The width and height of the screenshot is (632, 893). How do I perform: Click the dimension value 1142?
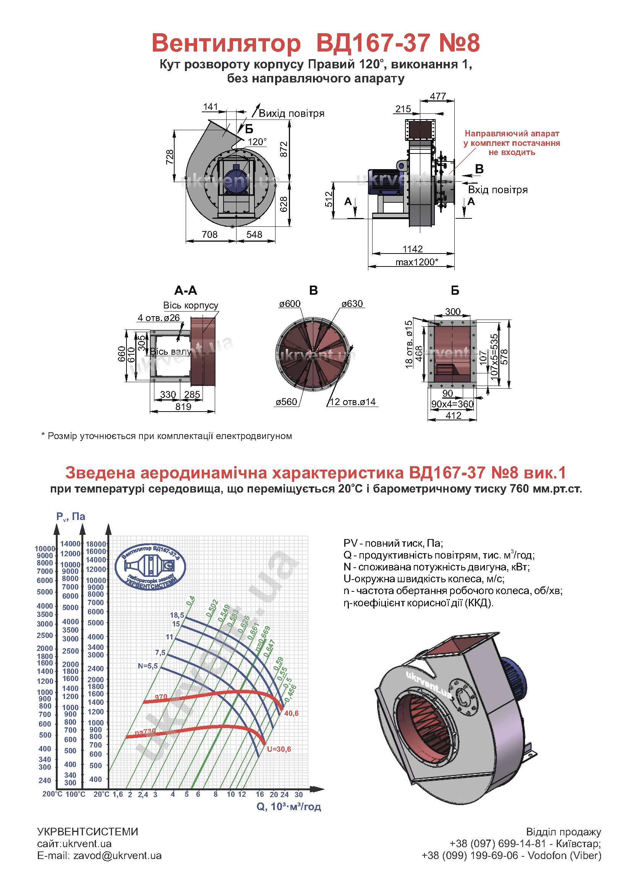tap(413, 249)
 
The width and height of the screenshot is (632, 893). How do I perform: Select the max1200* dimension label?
tap(417, 262)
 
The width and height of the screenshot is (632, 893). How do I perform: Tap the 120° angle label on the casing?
tap(257, 142)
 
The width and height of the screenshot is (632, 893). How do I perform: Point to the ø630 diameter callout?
tap(352, 304)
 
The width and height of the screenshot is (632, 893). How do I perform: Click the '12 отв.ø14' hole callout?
tap(353, 402)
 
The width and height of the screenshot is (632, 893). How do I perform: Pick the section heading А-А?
tap(186, 290)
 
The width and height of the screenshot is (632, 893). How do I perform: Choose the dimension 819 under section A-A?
tap(183, 407)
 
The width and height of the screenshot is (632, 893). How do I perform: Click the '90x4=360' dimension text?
tap(452, 404)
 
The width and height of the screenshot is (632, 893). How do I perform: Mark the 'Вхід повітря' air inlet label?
tap(498, 190)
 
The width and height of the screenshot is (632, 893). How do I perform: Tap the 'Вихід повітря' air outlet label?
tap(292, 113)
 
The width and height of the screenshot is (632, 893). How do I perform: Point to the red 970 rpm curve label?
tap(161, 697)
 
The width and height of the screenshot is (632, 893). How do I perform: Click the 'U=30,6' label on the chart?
tap(279, 749)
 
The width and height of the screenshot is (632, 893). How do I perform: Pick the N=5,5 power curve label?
tap(148, 666)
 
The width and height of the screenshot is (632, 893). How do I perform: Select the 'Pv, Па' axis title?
tap(71, 517)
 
